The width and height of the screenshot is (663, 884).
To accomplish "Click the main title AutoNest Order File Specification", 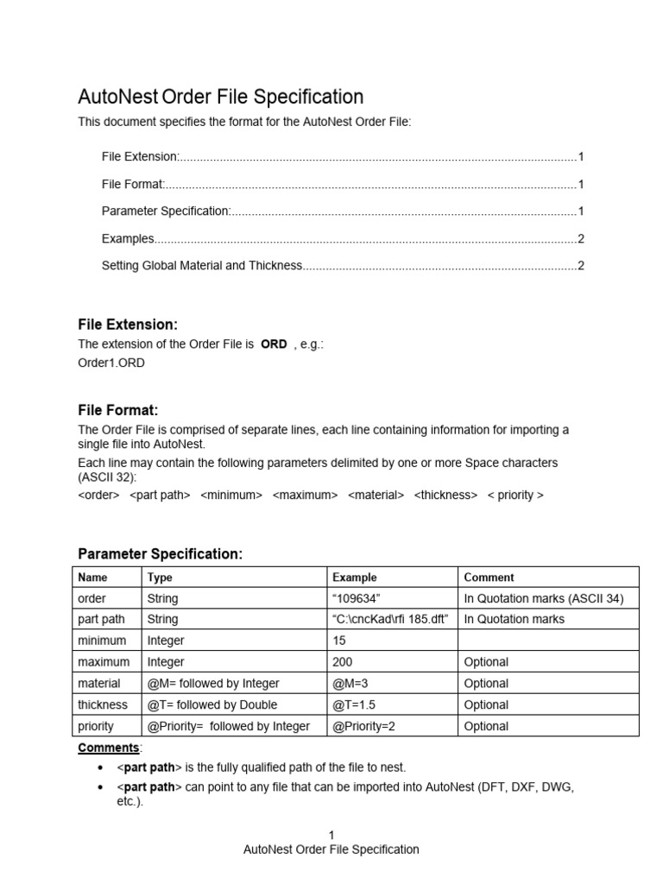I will coord(220,97).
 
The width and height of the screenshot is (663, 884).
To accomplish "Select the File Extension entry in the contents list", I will coord(140,156).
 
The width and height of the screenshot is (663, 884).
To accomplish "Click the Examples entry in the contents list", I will coord(128,238).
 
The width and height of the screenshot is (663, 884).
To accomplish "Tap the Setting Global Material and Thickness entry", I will coord(202,266).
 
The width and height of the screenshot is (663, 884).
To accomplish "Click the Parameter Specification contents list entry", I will coord(166,211).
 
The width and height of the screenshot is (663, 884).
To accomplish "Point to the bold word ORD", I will coord(274,344).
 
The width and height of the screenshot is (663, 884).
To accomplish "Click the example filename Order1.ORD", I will coord(111,363).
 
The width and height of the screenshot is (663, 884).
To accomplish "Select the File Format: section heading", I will coord(118,410).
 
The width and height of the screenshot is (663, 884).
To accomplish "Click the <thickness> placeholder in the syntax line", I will coord(445,495).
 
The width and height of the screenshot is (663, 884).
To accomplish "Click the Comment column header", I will coord(489,578).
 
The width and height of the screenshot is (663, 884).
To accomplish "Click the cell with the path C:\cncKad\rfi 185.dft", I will coord(390,619).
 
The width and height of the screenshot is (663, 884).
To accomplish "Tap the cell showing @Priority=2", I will coord(363,726).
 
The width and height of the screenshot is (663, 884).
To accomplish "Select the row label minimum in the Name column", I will coord(102,641).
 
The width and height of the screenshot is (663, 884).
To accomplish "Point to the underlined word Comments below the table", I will coord(109,748).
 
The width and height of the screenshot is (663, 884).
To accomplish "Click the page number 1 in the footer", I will coord(331,835).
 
